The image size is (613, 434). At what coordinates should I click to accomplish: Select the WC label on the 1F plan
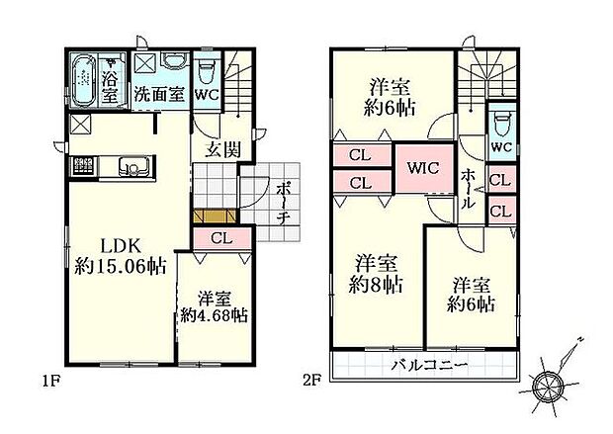(207, 95)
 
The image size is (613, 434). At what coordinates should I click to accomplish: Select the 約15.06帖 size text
(120, 265)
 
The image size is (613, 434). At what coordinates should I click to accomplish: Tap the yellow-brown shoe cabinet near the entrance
(212, 216)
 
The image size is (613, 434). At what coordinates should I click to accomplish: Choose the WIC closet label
(423, 167)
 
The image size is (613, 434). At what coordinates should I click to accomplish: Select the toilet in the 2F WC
(500, 123)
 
